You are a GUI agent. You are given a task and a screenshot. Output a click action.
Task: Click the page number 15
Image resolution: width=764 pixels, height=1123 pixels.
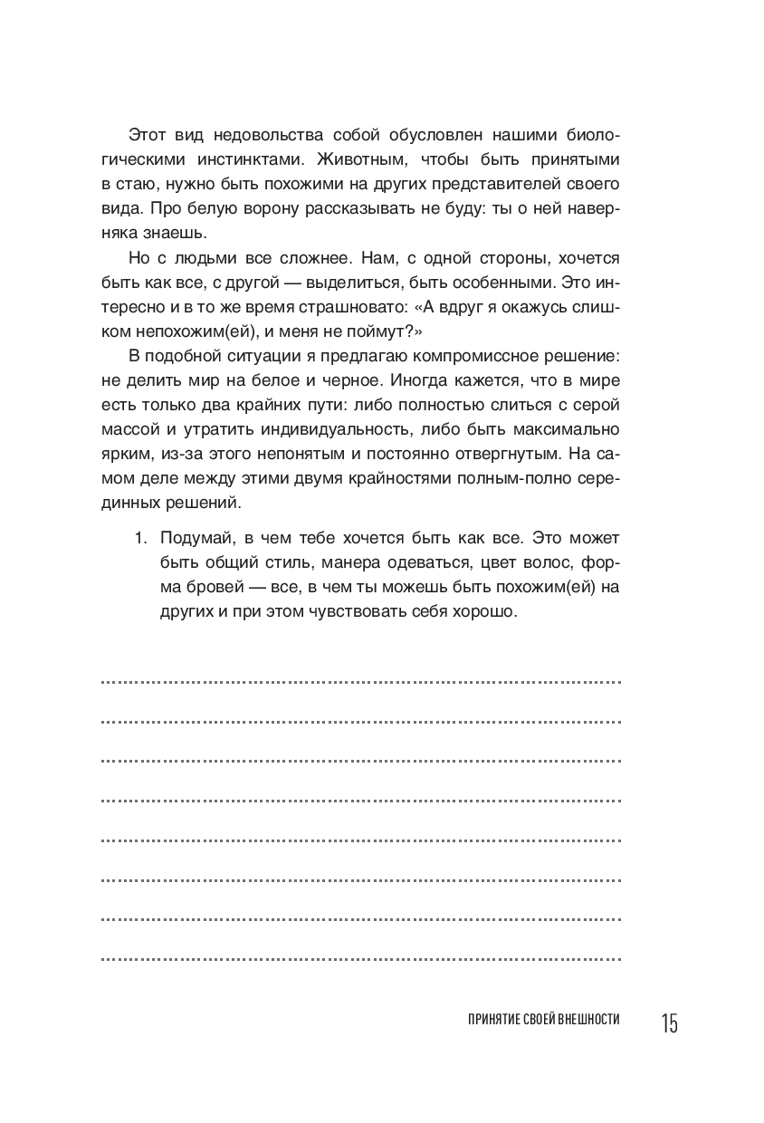click(668, 1024)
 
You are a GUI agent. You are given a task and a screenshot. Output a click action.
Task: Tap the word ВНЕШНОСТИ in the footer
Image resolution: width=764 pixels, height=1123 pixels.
click(581, 1020)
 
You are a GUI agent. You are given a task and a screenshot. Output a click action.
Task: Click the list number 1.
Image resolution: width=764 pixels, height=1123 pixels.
click(139, 538)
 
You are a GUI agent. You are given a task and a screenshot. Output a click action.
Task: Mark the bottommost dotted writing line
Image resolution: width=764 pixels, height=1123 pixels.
click(360, 958)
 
